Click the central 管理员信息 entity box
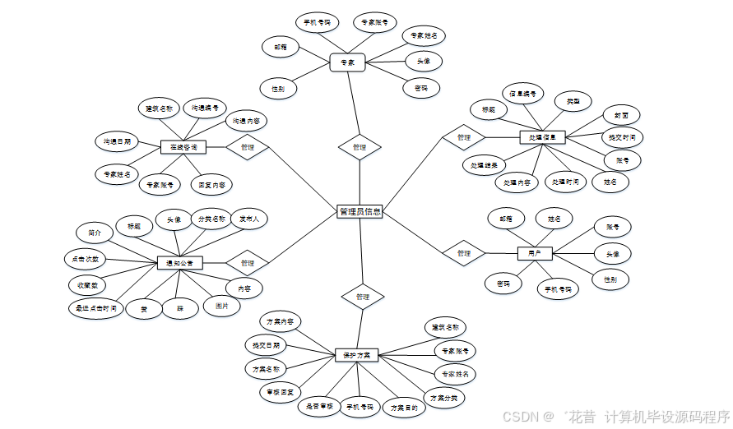(x=360, y=212)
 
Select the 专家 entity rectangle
(x=347, y=62)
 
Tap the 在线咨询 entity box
(x=183, y=147)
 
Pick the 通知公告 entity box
(x=179, y=263)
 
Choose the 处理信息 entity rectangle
(x=543, y=137)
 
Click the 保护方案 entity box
(x=356, y=356)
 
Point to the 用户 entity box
(x=535, y=253)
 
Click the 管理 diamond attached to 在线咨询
(x=247, y=147)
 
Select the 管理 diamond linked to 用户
(x=464, y=253)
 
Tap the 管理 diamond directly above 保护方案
(x=363, y=296)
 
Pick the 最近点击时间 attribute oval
(x=96, y=309)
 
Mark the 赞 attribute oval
(x=144, y=309)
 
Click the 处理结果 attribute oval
(x=484, y=165)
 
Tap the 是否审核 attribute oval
(x=319, y=406)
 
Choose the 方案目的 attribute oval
(x=403, y=407)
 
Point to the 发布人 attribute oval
(x=249, y=219)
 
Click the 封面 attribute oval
(x=620, y=115)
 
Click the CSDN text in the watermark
(x=520, y=417)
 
